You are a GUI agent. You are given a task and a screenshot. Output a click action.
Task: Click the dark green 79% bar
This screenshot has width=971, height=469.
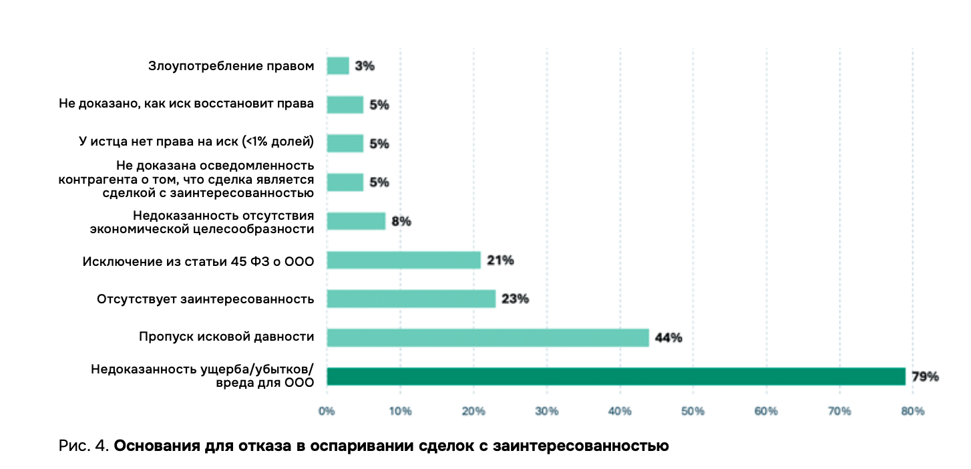pos(616,376)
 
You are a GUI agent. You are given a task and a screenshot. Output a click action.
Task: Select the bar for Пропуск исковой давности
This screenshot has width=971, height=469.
pos(488,337)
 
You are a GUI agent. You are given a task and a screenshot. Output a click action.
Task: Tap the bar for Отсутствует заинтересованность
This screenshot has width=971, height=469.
pos(411,299)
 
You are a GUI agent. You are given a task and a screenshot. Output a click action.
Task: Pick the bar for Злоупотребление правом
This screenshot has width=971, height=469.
pos(337,65)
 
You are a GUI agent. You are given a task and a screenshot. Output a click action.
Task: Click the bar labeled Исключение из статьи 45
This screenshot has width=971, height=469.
pos(403,260)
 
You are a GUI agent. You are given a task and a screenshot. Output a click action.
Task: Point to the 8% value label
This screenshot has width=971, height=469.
pos(401,221)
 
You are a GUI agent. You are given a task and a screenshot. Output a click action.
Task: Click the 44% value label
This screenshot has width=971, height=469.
pos(668,337)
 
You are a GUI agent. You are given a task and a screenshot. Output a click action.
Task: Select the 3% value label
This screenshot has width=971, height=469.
pos(365,65)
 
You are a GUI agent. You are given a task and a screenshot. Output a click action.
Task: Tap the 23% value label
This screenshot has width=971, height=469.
pos(515,299)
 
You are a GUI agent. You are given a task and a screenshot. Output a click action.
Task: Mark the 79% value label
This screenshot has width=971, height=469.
pos(926,377)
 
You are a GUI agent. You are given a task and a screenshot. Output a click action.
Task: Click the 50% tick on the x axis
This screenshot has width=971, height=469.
pos(693,412)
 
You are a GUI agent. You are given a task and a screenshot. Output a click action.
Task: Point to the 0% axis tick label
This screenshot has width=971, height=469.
pos(326,412)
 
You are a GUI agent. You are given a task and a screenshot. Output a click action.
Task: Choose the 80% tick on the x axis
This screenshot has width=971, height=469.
pos(913,412)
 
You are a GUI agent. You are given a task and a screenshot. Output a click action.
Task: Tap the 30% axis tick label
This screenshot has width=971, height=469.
pos(546,412)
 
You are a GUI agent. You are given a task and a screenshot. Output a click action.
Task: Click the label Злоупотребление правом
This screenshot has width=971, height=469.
pos(230,65)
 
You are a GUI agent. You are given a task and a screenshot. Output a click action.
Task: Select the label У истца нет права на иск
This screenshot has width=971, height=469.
pos(196,143)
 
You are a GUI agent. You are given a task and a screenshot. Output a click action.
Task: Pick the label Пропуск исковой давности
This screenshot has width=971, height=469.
pos(226,337)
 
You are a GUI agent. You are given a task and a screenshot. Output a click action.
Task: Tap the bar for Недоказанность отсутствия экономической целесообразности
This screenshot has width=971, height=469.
pos(356,221)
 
